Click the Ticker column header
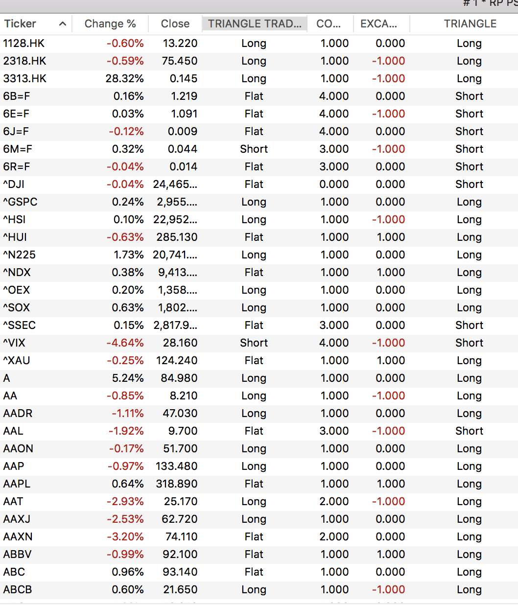tap(20, 23)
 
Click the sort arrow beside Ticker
tap(62, 23)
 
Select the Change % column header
tap(110, 23)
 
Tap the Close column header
tap(175, 23)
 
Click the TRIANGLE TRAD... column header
tap(255, 23)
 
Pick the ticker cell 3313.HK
tap(25, 78)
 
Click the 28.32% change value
tap(125, 78)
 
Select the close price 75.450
tap(180, 61)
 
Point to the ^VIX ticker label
tap(14, 343)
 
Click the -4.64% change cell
tap(125, 343)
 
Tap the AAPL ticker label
tap(17, 484)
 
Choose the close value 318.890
tap(177, 484)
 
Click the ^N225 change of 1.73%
tap(129, 255)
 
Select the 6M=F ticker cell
tap(18, 149)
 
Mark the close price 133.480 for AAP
tap(177, 466)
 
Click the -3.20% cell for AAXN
tap(125, 536)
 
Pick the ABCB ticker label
tap(18, 589)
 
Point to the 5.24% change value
tap(128, 378)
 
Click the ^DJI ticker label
tap(14, 184)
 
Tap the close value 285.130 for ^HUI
tap(177, 237)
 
